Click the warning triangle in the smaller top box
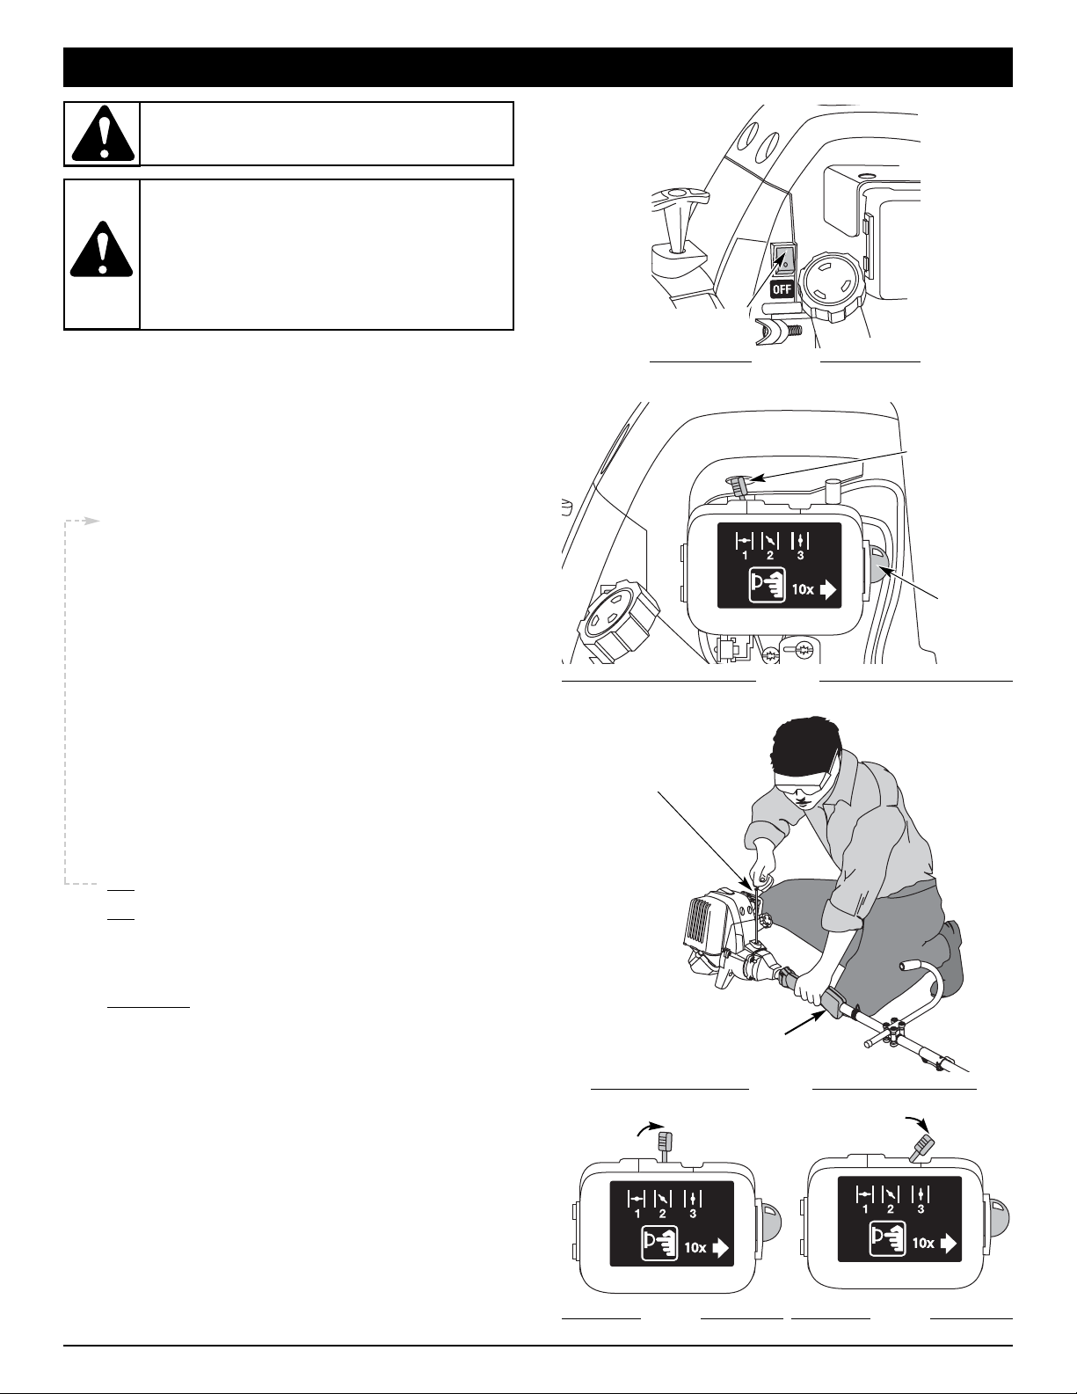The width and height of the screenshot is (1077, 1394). tap(103, 134)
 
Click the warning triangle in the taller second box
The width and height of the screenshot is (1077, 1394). tap(101, 249)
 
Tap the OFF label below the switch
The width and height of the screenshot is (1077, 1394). tap(782, 288)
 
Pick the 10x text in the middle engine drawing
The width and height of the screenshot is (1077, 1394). tap(804, 589)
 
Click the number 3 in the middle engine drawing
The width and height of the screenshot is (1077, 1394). tap(800, 556)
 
